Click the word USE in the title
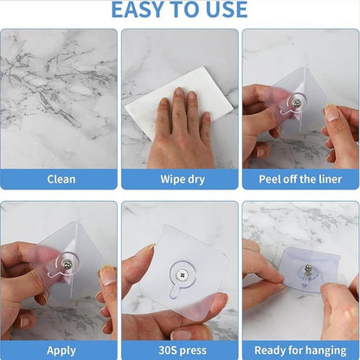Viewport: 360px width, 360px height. pyautogui.click(x=225, y=10)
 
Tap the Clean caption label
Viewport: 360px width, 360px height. pyautogui.click(x=60, y=179)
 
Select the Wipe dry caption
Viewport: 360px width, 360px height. pyautogui.click(x=179, y=179)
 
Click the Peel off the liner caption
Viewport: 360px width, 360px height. pyautogui.click(x=300, y=179)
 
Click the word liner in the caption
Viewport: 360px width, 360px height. pyautogui.click(x=326, y=179)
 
